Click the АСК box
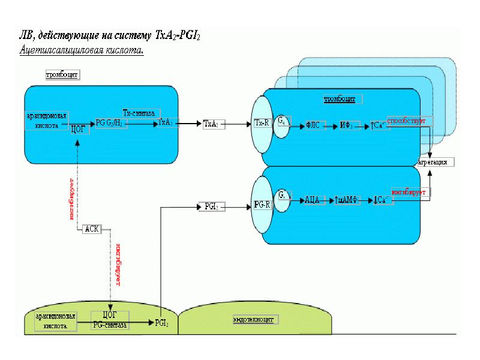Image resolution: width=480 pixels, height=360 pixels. (x=92, y=229)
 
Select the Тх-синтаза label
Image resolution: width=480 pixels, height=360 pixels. (x=139, y=112)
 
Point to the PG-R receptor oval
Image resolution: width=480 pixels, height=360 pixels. (x=261, y=205)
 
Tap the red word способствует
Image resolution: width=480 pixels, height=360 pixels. (x=406, y=121)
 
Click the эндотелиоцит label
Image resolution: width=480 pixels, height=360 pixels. (x=253, y=319)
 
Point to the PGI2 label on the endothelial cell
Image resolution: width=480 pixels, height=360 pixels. (x=161, y=322)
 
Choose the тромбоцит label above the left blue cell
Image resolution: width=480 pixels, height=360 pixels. (x=62, y=75)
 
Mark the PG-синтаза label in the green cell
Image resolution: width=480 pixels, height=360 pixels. (x=109, y=324)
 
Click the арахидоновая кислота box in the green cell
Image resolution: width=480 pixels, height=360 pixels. (x=56, y=320)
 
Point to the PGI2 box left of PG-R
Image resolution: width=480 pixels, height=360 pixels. (x=211, y=206)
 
